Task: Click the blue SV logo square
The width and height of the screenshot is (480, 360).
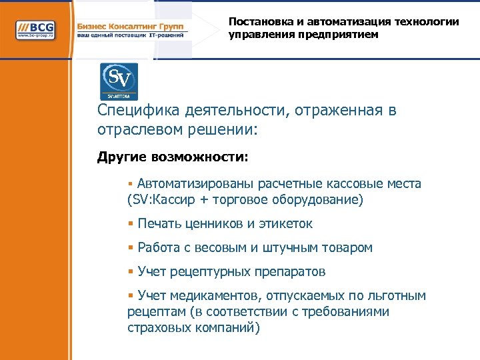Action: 119,81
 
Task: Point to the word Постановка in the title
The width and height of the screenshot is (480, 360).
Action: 258,21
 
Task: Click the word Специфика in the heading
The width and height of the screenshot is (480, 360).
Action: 131,111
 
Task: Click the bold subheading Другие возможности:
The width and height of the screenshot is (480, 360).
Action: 172,157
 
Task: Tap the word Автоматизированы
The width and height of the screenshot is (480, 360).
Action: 191,184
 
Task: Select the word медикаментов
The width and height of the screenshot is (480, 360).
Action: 209,296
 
